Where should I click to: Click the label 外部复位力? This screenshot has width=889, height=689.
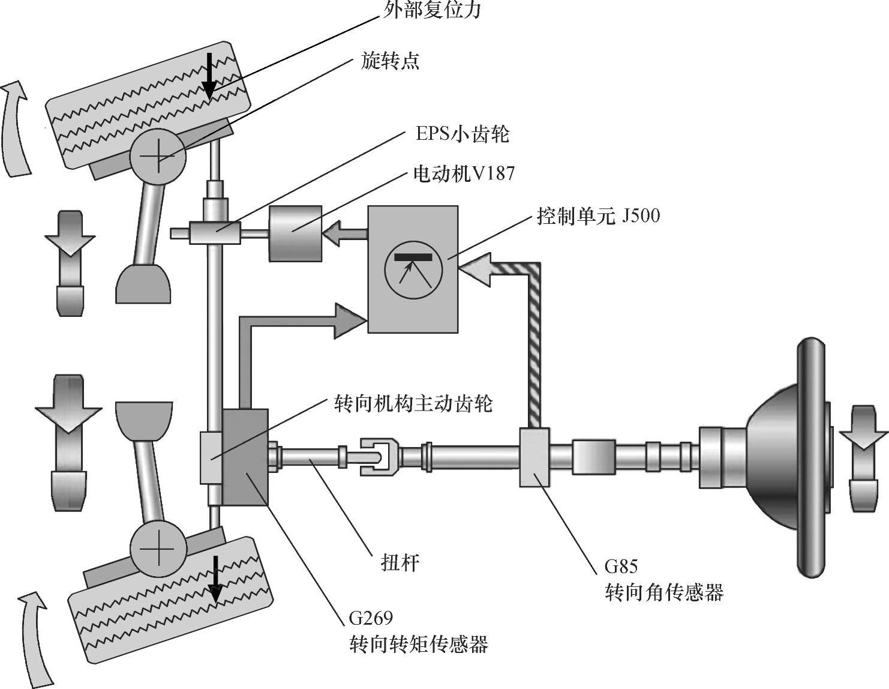[x=432, y=9]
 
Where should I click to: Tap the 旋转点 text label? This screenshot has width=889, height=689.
[x=389, y=61]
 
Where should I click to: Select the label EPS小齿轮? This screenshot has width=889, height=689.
[x=462, y=133]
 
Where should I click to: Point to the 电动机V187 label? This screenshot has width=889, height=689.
[x=464, y=173]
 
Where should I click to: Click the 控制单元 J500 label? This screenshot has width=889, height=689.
[x=598, y=215]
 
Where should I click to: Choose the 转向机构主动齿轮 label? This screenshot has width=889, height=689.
[x=413, y=404]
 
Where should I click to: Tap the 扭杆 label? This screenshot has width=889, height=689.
[x=400, y=563]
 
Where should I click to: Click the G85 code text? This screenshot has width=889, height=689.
[x=621, y=566]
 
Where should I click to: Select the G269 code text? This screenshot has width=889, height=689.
[x=371, y=618]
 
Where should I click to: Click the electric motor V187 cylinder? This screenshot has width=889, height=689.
[x=295, y=233]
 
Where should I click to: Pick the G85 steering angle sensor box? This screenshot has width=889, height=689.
[x=534, y=457]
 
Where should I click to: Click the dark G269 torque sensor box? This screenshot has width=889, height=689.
[x=245, y=457]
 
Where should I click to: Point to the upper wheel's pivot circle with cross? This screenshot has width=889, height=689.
[x=158, y=156]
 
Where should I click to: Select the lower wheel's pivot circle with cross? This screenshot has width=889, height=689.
[x=158, y=548]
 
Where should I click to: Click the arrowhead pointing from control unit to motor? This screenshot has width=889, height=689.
[x=332, y=233]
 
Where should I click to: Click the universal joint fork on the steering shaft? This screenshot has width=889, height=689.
[x=379, y=457]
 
